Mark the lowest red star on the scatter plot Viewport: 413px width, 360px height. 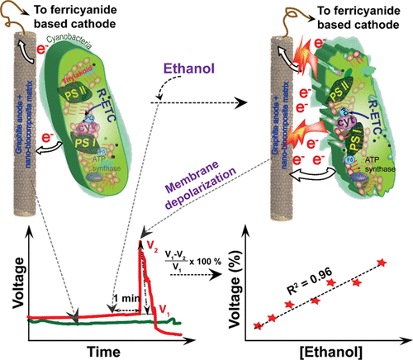[258, 326]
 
